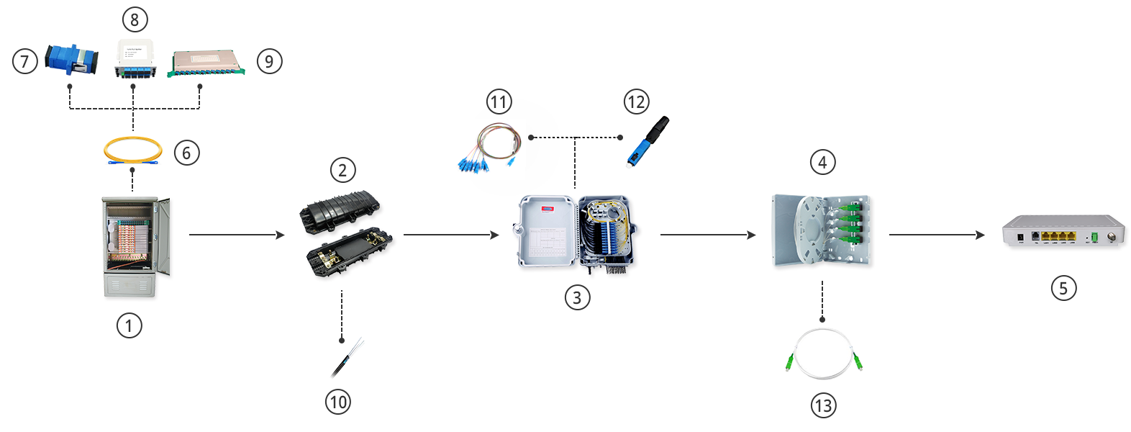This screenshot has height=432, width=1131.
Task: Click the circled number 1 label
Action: pos(129,325)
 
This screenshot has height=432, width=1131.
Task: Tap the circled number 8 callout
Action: pos(135,19)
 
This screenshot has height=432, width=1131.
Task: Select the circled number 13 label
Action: pos(823,405)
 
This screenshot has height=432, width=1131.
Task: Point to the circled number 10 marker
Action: pos(338,402)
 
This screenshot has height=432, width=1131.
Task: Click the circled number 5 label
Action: pos(1063,289)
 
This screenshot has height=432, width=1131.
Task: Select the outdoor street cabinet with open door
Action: pos(135,245)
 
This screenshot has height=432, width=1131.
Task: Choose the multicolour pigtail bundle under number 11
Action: pos(488,148)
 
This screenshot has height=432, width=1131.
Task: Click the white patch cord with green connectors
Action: pos(823,354)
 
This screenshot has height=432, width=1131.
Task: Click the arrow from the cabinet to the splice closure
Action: pos(237,235)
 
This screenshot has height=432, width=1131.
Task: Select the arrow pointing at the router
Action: pos(936,235)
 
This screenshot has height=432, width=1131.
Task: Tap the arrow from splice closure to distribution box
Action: pos(450,235)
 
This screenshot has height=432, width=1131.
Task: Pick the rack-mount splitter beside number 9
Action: pos(206,63)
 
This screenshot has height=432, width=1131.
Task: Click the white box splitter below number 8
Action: pos(134,58)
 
